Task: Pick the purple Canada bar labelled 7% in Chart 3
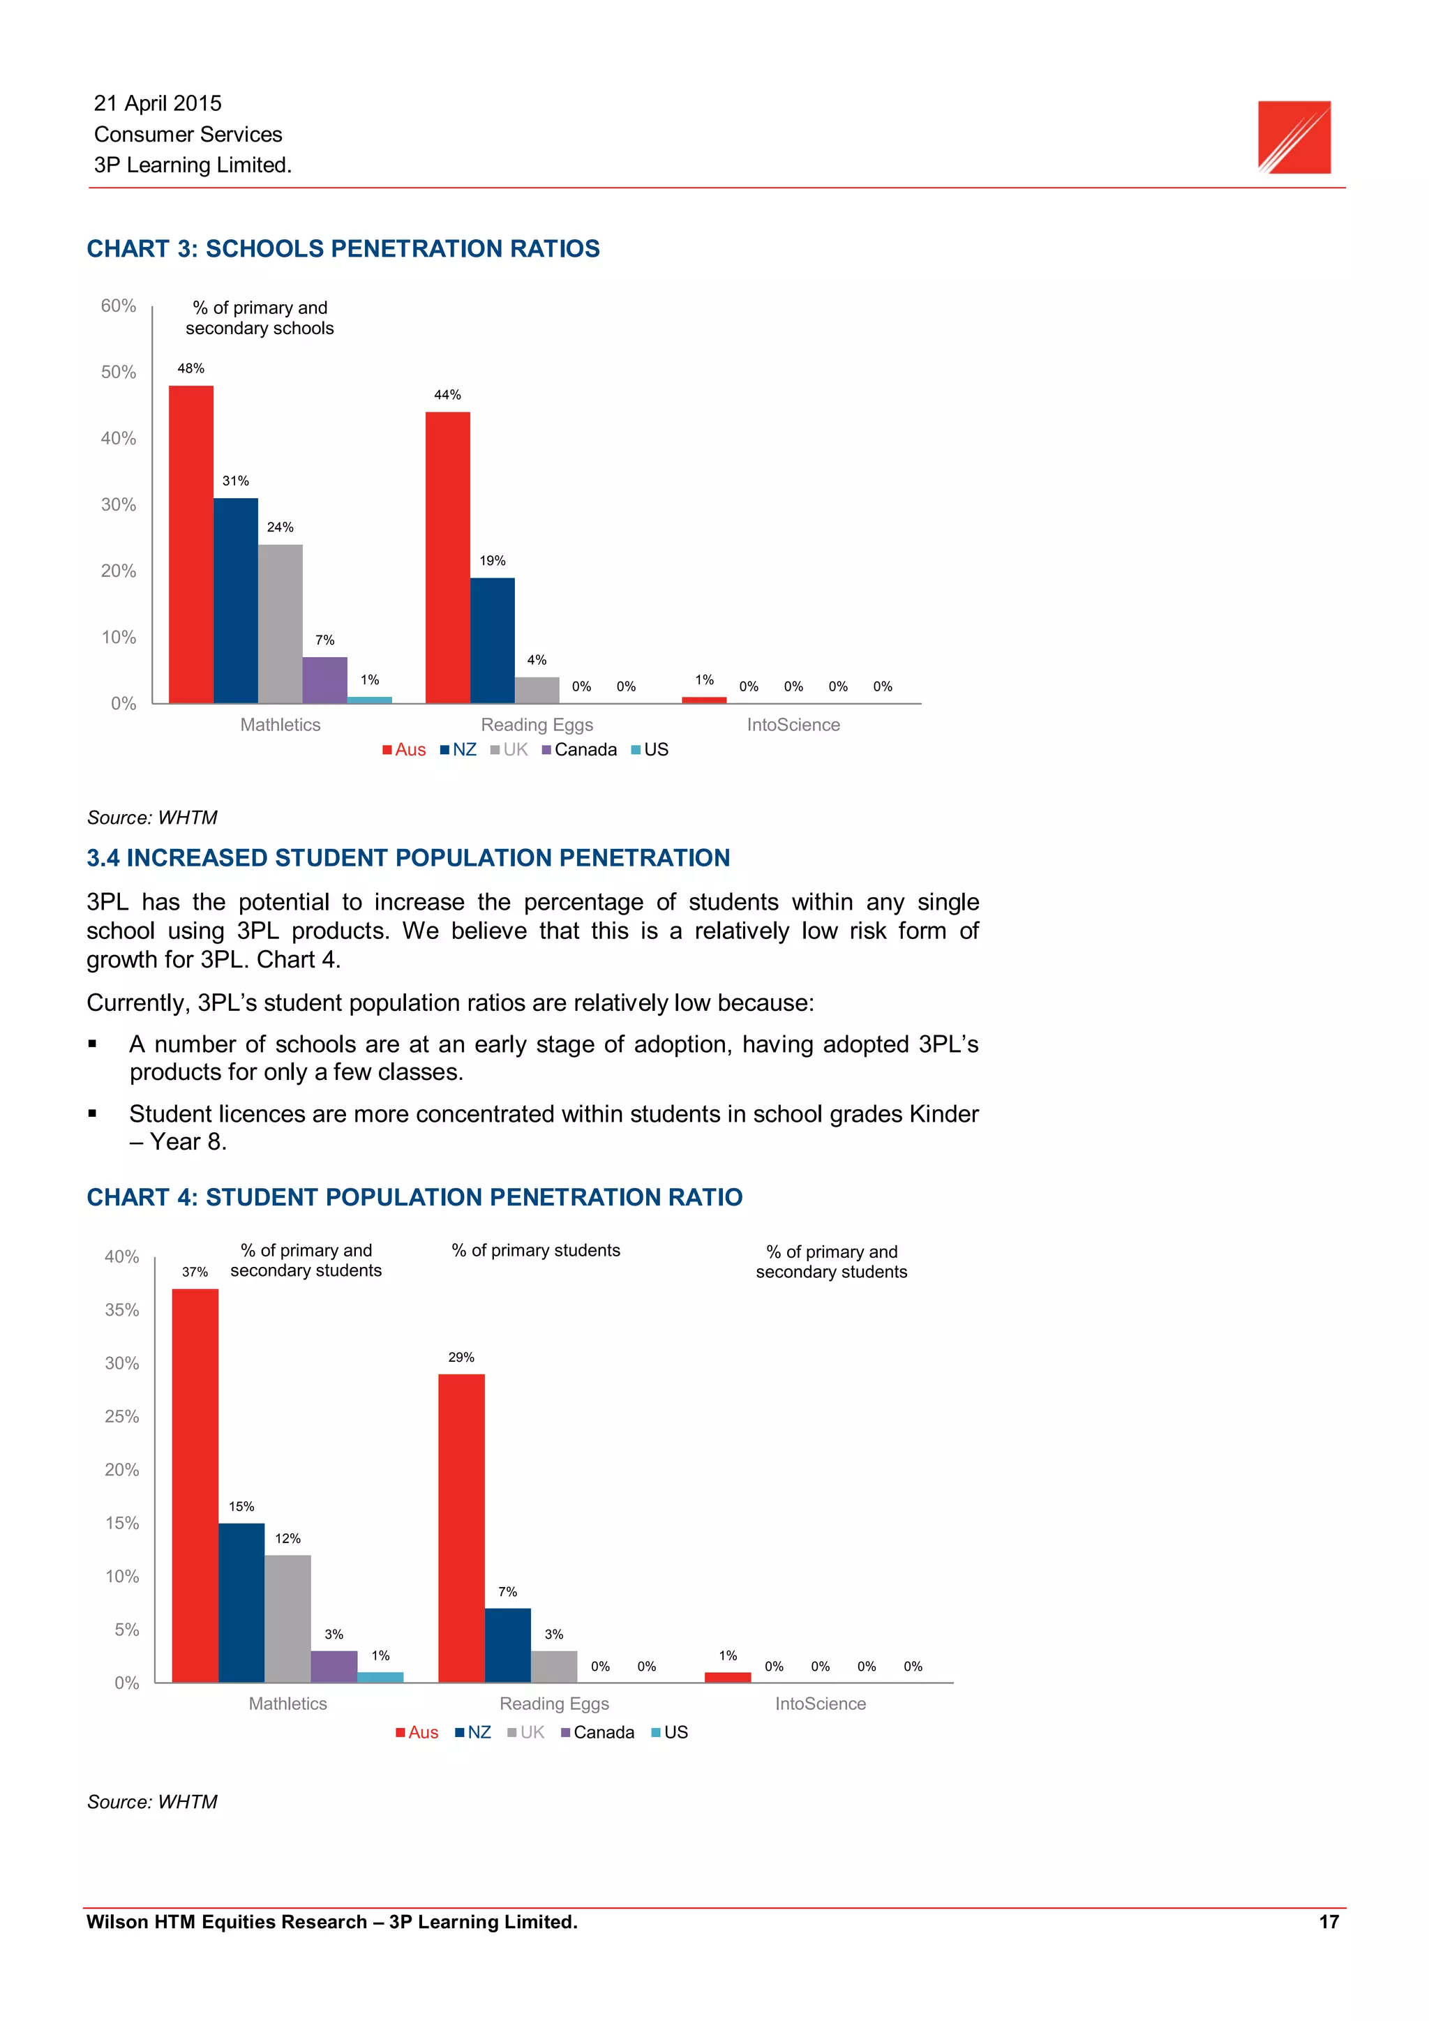[x=325, y=679]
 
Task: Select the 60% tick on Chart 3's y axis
[x=119, y=306]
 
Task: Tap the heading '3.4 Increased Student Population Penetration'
[x=407, y=857]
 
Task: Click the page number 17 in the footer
[x=1329, y=1923]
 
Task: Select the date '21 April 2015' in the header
[x=158, y=103]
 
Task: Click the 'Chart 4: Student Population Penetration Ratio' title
[x=414, y=1197]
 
